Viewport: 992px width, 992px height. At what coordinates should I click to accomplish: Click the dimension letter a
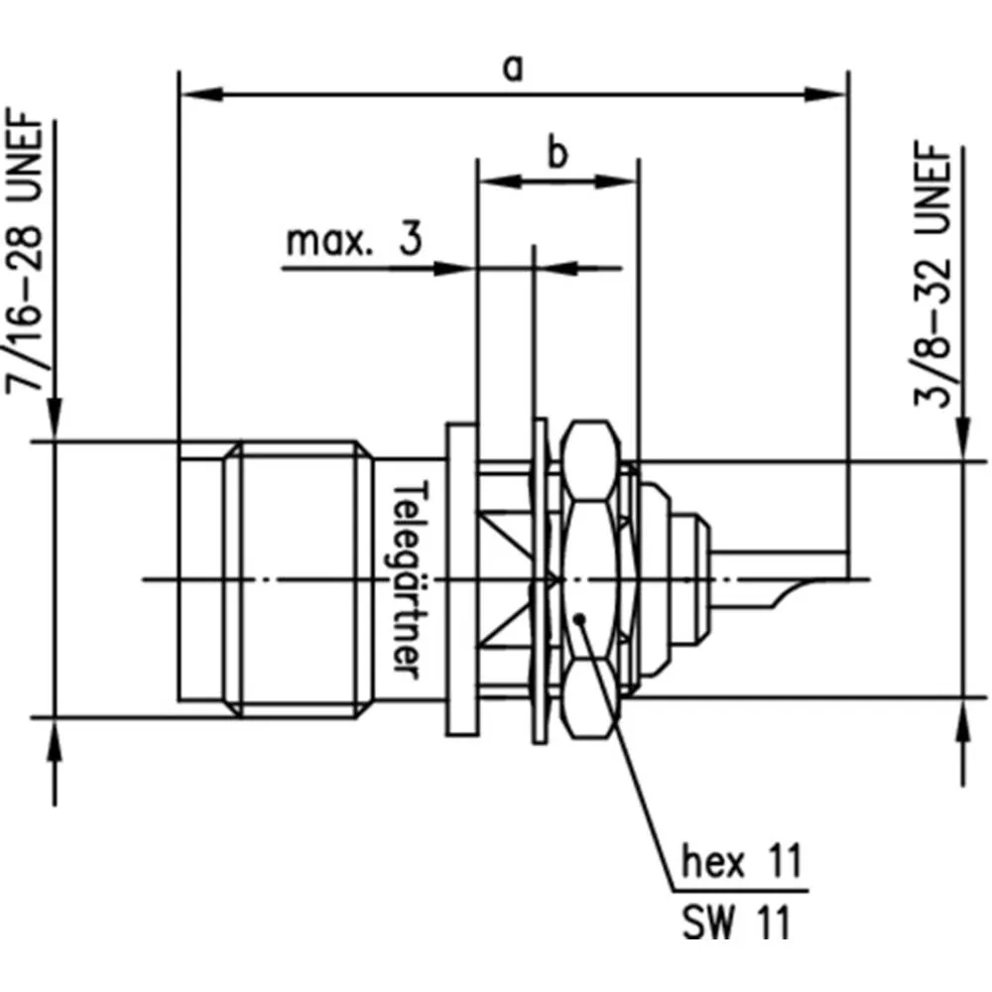[513, 69]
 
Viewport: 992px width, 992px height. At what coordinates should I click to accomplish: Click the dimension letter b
[558, 155]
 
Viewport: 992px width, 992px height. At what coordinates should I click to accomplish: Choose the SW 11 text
[737, 924]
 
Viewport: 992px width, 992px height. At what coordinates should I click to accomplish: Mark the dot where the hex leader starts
[580, 620]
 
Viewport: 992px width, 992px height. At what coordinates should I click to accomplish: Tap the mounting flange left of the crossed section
[459, 579]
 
